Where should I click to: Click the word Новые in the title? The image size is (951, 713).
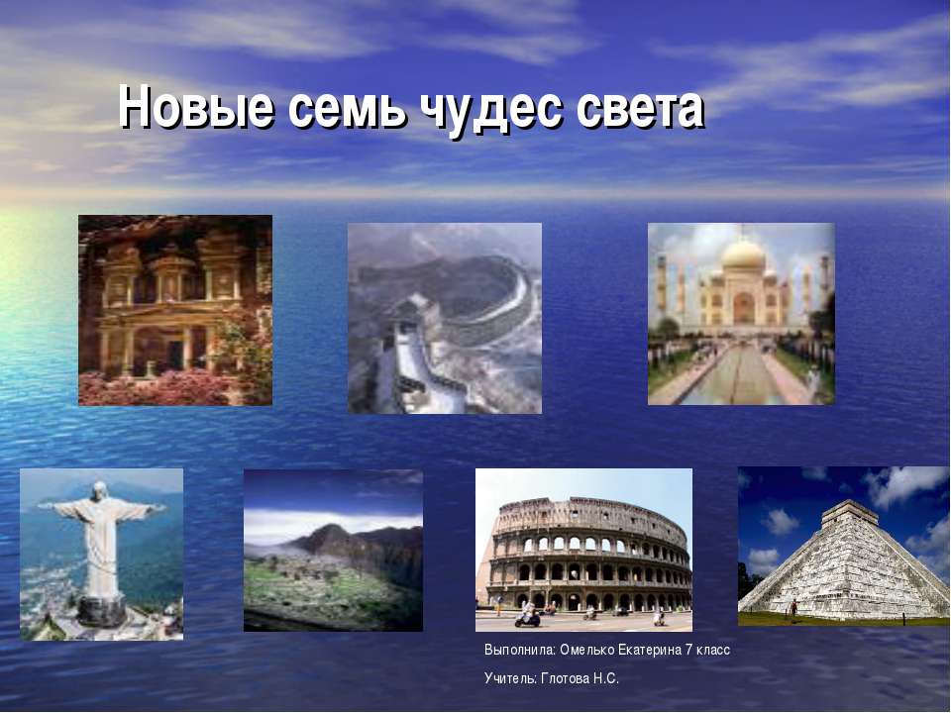point(195,108)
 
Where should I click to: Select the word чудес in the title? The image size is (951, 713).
point(489,113)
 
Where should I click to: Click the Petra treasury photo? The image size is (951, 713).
point(175,310)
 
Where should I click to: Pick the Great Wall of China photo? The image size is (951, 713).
point(445,318)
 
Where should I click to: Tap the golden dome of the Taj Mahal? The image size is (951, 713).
point(743,255)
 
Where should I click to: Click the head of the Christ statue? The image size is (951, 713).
point(99,490)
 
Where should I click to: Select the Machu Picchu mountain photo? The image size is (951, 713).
point(333,551)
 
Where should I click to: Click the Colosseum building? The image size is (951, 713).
point(588,554)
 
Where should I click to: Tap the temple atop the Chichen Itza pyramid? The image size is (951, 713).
point(850,513)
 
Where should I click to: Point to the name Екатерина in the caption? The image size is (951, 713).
point(650,650)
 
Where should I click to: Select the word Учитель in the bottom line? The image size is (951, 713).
point(509,678)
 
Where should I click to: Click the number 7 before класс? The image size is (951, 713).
point(688,650)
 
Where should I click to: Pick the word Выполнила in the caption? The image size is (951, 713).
point(520,650)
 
